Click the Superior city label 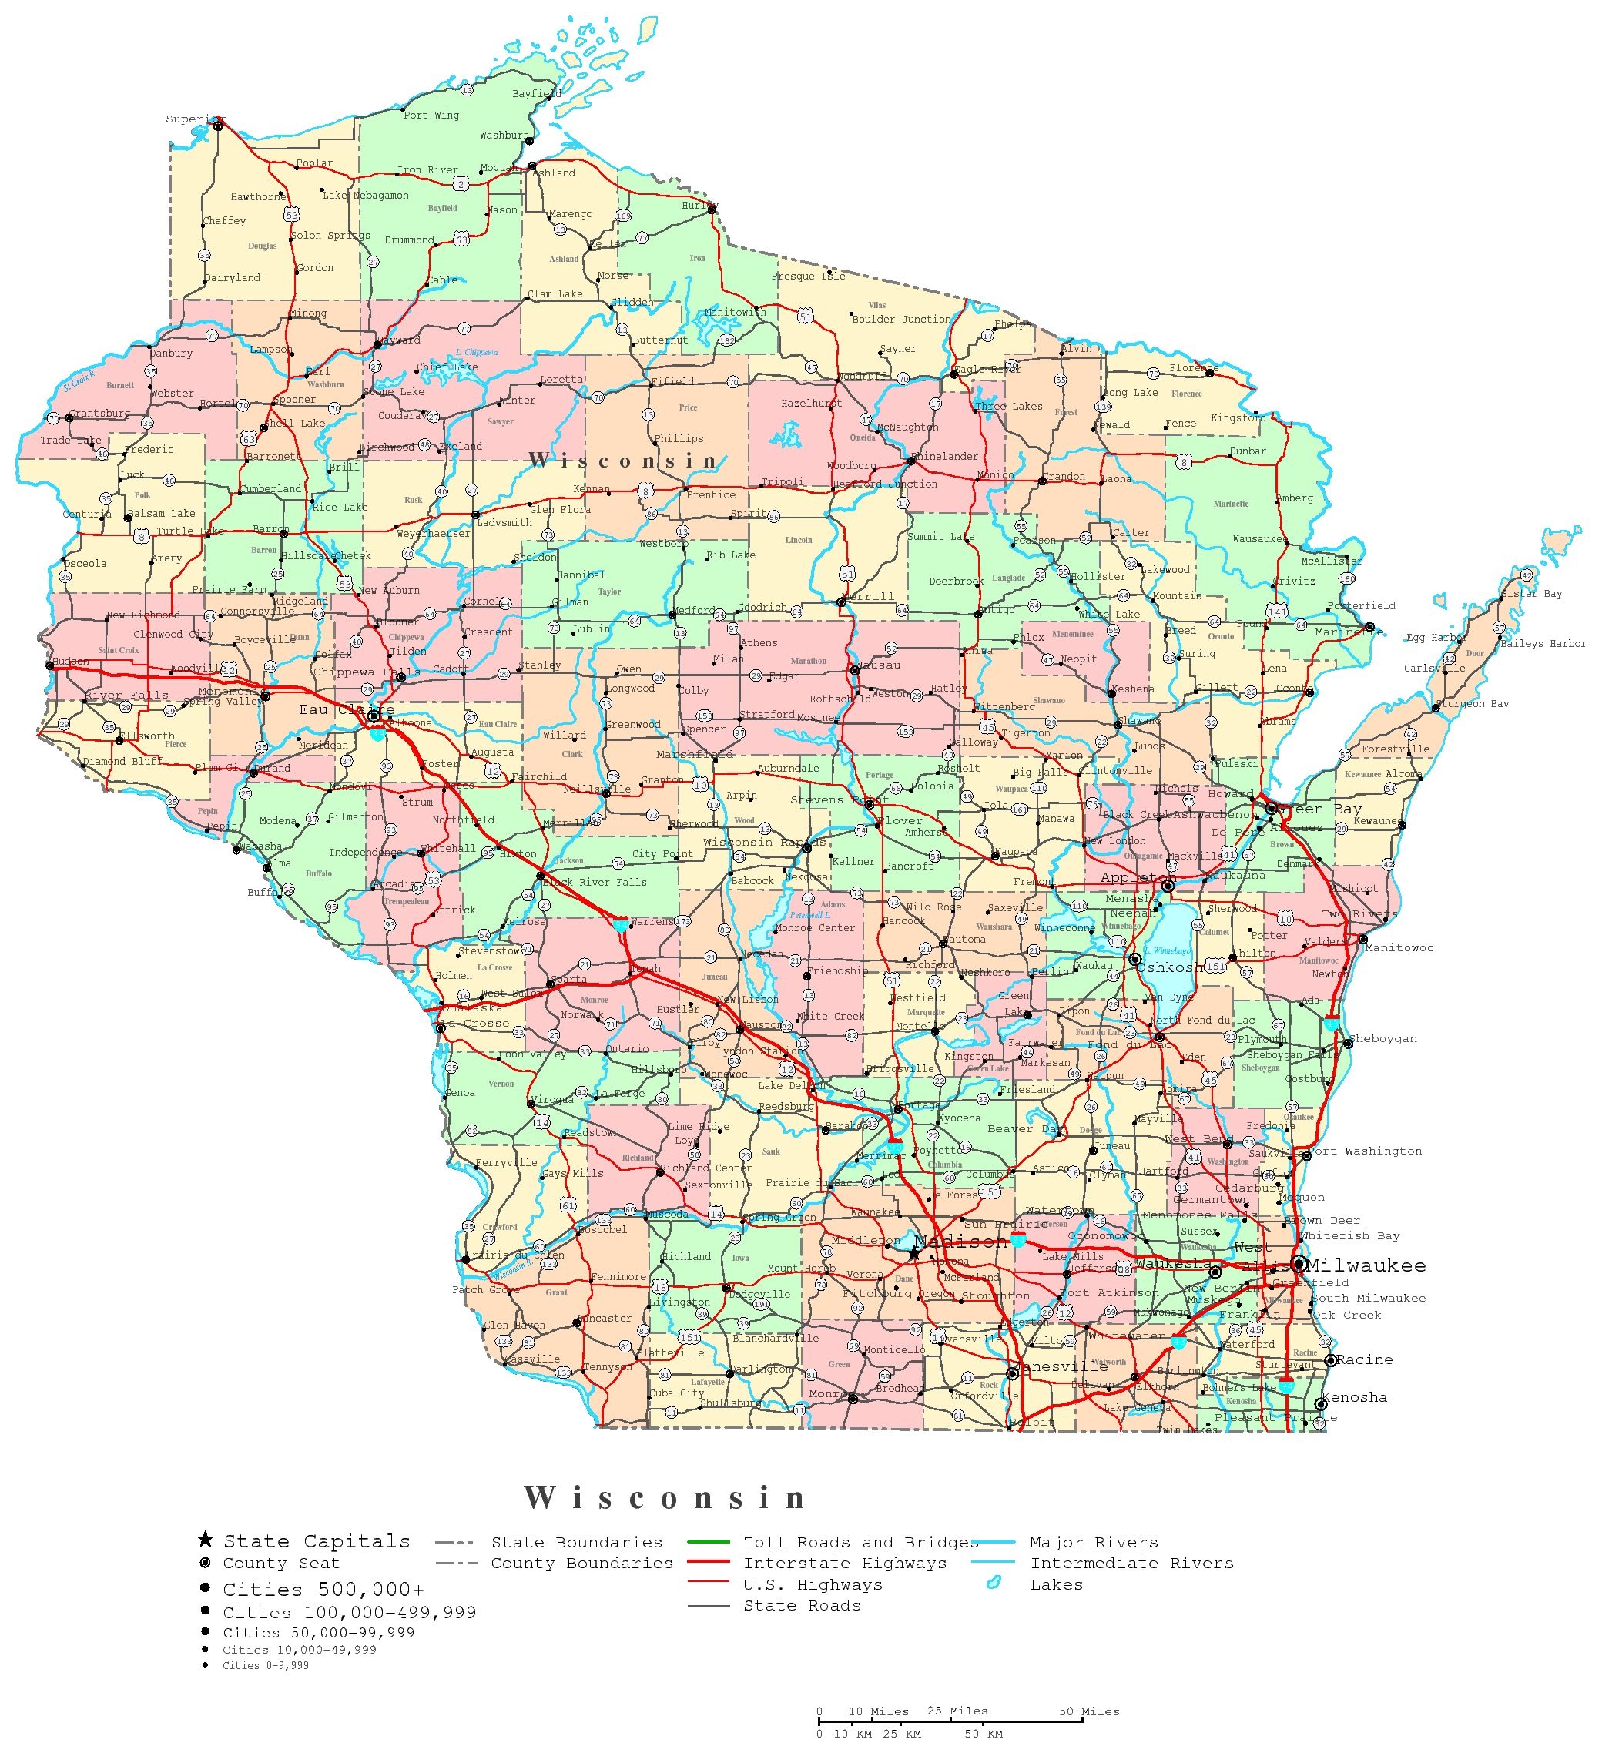click(194, 119)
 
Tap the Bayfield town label click(536, 94)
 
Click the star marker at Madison click(913, 1254)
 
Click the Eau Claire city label click(345, 709)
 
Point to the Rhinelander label click(944, 457)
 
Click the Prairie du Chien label click(514, 1255)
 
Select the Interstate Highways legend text click(844, 1564)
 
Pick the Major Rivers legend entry click(1093, 1543)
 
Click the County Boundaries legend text click(581, 1564)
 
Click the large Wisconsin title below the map click(665, 1497)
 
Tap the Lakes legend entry click(1056, 1584)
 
